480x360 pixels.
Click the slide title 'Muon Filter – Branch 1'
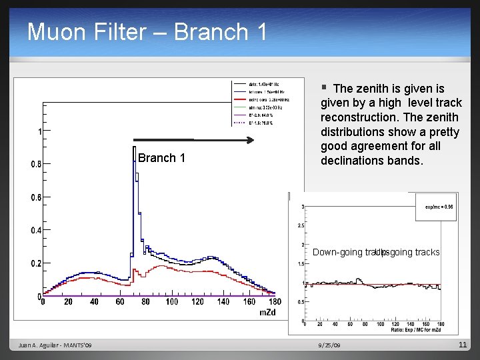147,31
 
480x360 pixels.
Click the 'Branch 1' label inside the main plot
161,158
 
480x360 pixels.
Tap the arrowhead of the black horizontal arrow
251,140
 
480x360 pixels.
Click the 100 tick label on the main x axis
172,302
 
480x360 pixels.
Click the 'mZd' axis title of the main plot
267,312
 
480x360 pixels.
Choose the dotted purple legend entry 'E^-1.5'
240,123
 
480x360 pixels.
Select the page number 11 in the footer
463,345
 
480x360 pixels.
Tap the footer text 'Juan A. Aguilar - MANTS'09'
56,345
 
